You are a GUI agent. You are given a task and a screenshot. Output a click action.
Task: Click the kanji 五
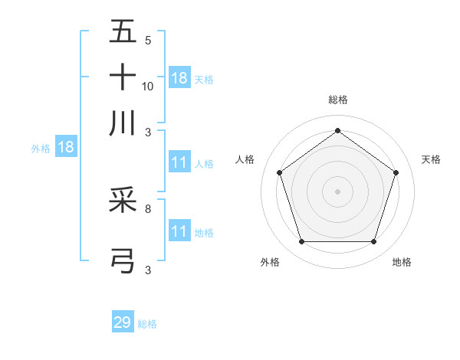tap(123, 33)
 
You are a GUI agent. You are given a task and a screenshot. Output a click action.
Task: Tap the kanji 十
tap(123, 77)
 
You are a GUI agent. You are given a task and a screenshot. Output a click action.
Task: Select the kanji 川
tap(123, 122)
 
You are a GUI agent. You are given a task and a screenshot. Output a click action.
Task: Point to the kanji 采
tap(123, 201)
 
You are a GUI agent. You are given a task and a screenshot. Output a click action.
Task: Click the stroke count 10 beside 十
tap(148, 87)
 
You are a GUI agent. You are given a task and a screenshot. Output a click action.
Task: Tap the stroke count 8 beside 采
tap(148, 208)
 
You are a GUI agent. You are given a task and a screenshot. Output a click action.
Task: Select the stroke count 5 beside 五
tap(148, 41)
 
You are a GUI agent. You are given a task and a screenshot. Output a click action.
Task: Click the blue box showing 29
tap(123, 322)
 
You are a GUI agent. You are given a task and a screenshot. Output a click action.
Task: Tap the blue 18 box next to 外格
tap(66, 148)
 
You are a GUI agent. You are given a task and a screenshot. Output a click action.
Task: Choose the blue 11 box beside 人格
tap(179, 162)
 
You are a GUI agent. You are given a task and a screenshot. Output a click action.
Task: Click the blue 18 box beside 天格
tap(179, 77)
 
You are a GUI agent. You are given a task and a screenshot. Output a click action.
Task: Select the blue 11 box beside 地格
tap(179, 231)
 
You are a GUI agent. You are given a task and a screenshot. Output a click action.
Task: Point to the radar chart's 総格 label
tap(337, 100)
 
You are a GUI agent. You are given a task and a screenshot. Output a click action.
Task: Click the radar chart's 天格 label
tap(432, 159)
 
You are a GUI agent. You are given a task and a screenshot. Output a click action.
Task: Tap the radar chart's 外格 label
tap(270, 262)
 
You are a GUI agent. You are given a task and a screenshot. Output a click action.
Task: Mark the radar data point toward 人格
tap(280, 172)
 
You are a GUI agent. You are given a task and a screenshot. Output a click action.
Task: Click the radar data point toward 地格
tap(373, 242)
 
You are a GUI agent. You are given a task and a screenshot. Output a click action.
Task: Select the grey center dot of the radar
tap(337, 191)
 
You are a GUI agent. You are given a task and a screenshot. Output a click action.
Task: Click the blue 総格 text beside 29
tap(147, 324)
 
